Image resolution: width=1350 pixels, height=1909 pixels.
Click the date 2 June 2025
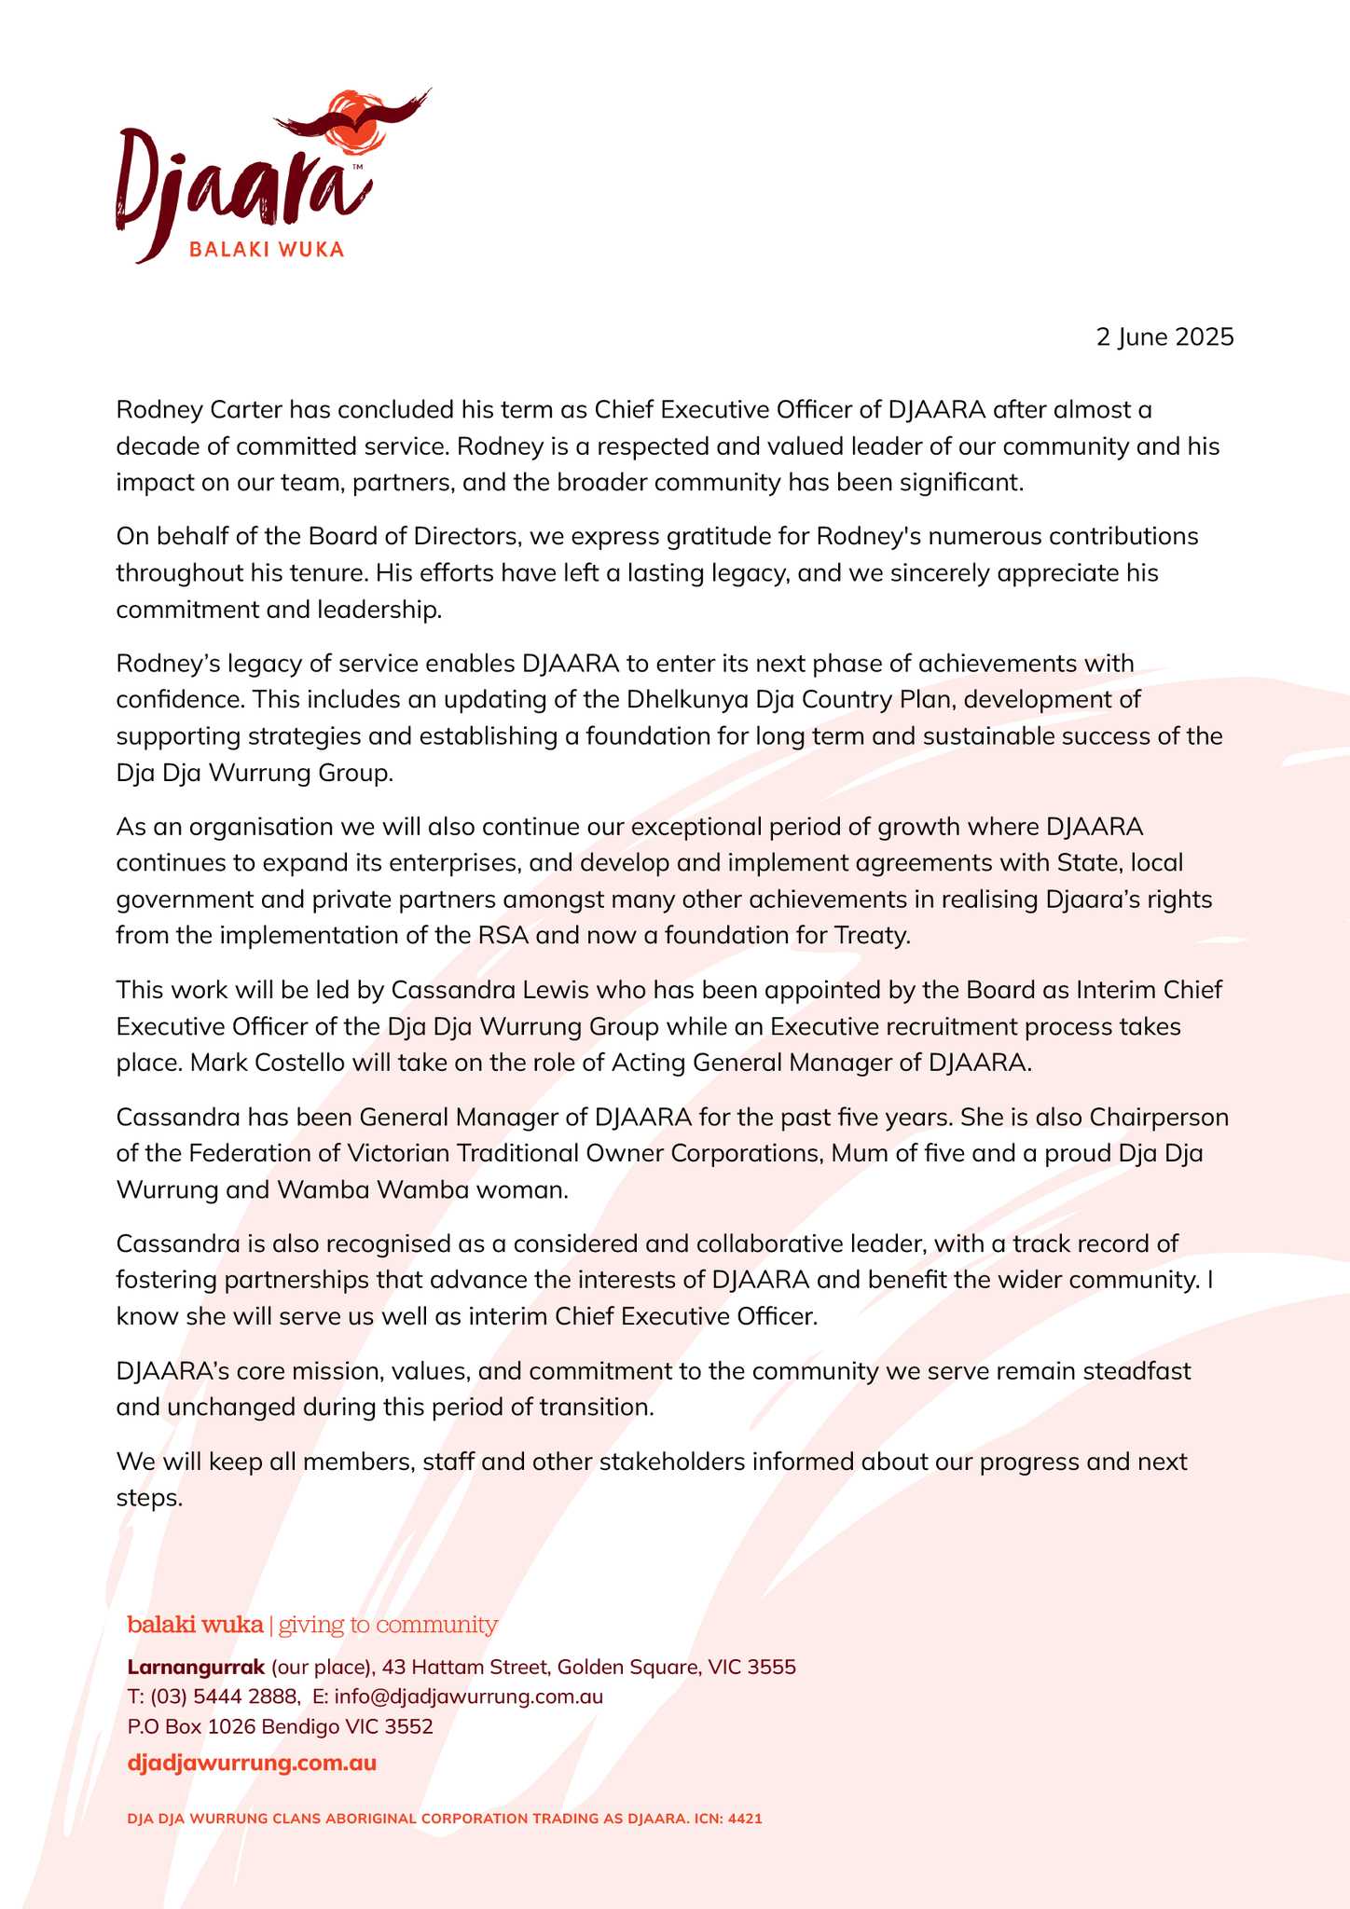point(1164,336)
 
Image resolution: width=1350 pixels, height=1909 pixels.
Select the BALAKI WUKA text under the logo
point(266,250)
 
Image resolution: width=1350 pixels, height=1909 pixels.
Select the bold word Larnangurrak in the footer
point(196,1667)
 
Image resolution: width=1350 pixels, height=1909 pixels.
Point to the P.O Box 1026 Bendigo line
point(280,1726)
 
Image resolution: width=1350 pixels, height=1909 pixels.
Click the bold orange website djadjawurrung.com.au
point(252,1763)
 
